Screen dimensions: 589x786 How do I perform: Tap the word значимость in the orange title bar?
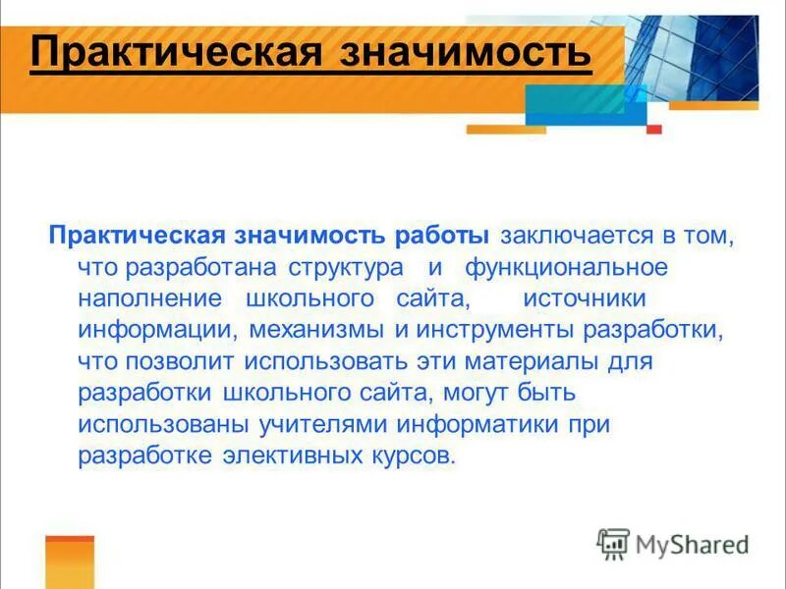click(x=466, y=51)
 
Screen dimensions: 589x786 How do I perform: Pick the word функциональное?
click(x=567, y=267)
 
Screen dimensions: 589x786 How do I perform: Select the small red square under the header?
click(x=654, y=129)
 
